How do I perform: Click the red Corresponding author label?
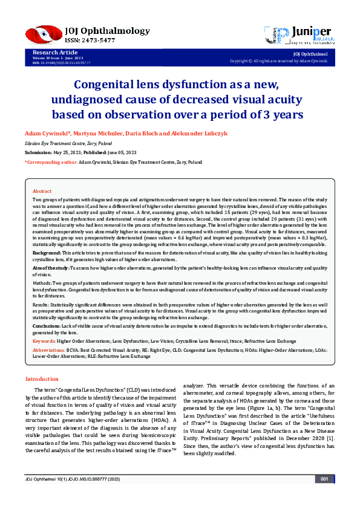pos(50,163)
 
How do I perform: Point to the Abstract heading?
pos(42,191)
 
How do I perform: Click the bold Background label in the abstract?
pos(46,252)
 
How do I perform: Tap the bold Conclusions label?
pos(47,325)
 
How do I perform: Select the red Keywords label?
pos(44,341)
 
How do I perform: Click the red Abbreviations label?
pos(49,351)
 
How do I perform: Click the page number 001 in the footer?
pos(324,496)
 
